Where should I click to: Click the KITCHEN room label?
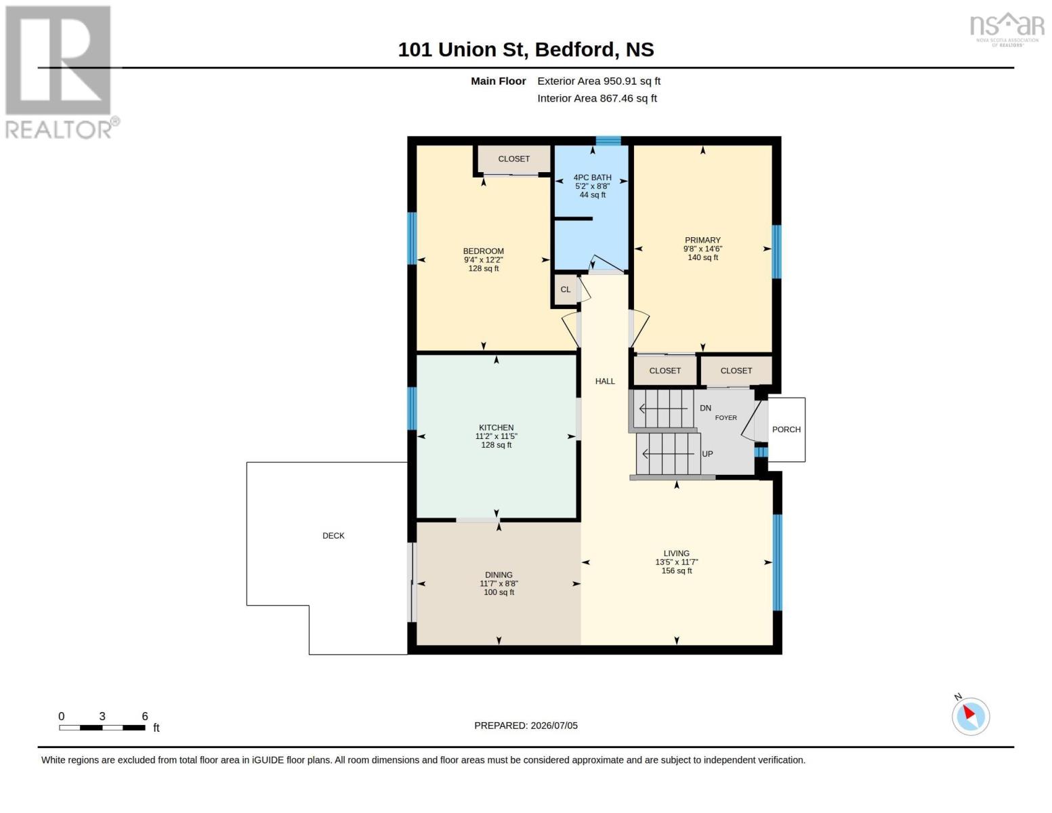point(497,428)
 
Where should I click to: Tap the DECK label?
point(333,535)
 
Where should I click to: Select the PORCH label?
point(786,429)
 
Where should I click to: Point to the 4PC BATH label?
point(592,178)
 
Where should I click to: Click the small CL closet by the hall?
point(566,289)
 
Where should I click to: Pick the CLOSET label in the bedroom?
point(513,159)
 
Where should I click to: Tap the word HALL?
point(605,381)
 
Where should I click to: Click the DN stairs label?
point(705,408)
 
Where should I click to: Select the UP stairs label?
point(707,454)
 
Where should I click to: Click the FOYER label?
point(725,417)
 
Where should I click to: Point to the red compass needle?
point(969,712)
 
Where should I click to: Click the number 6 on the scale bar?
point(145,716)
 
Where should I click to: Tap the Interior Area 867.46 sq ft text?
point(597,98)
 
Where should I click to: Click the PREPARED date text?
point(526,726)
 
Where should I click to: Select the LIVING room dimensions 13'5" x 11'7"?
point(676,562)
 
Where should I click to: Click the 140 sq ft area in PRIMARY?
point(702,257)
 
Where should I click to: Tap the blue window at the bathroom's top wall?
point(608,141)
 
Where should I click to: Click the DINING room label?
point(499,575)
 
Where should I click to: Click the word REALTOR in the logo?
point(58,129)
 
